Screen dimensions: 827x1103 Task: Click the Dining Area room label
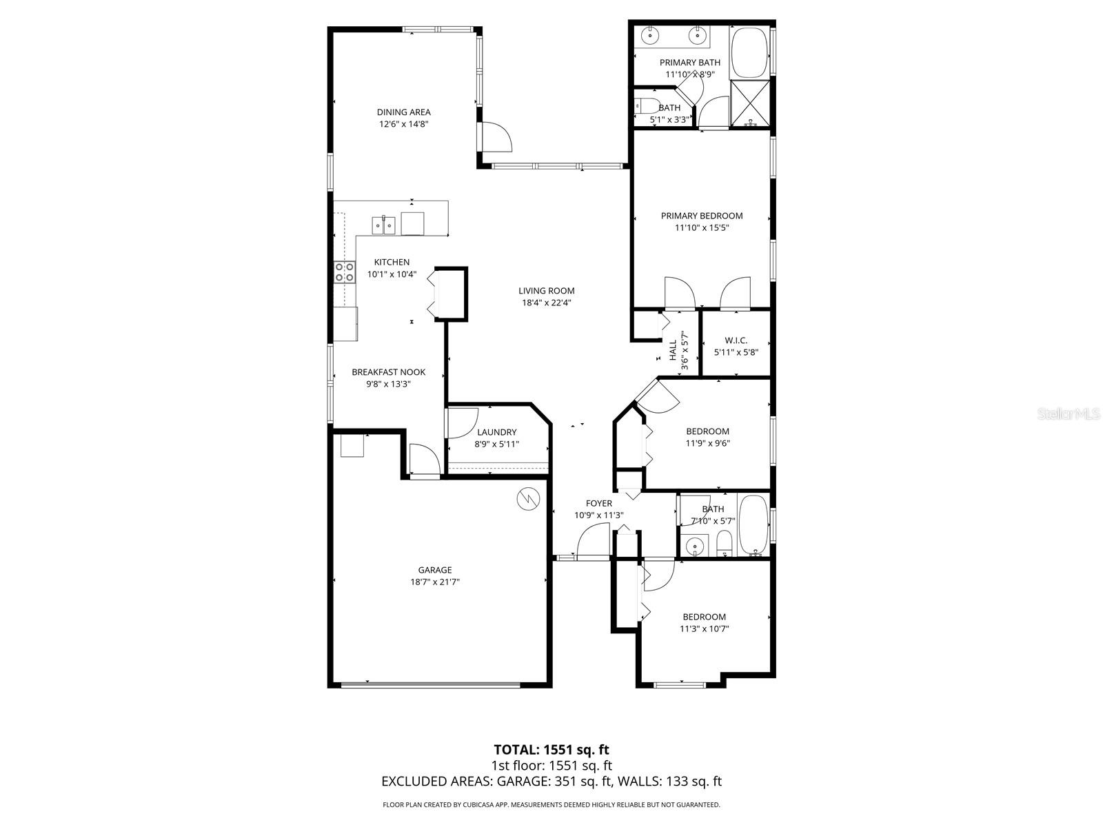click(403, 112)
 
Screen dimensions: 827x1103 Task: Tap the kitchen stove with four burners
click(344, 272)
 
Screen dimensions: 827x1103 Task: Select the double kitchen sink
click(384, 225)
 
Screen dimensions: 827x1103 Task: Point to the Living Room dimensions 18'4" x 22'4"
click(547, 303)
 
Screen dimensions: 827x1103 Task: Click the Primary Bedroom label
click(702, 216)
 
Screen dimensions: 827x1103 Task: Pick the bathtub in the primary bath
click(749, 52)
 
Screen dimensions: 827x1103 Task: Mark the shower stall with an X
click(750, 104)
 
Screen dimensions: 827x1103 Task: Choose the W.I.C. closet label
click(736, 340)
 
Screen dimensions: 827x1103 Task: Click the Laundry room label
click(496, 432)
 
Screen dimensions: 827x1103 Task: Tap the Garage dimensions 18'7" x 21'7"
click(435, 582)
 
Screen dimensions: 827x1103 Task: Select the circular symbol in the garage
click(527, 499)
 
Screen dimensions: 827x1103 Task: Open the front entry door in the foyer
click(593, 541)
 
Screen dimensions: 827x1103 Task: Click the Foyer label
click(598, 504)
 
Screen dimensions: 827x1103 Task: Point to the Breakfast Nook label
click(388, 372)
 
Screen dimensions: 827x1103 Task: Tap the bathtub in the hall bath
click(753, 525)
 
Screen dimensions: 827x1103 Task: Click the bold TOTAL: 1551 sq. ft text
click(551, 749)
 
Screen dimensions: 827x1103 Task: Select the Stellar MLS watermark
click(1069, 414)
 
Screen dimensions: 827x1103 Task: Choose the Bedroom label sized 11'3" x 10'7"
click(704, 617)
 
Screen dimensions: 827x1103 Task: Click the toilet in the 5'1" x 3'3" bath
click(645, 106)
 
